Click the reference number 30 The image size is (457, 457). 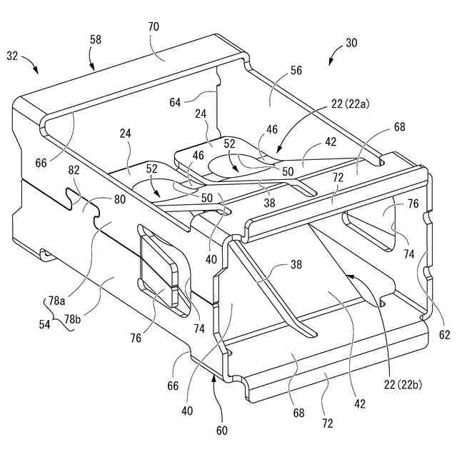coord(351,44)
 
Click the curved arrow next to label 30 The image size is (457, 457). coord(333,56)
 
